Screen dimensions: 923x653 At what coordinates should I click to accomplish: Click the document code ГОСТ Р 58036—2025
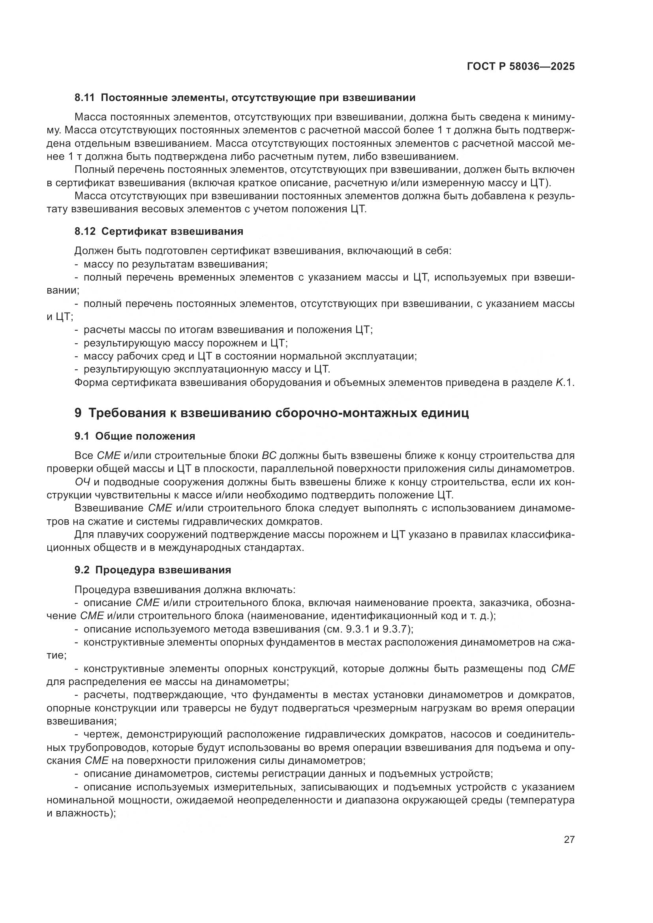point(521,66)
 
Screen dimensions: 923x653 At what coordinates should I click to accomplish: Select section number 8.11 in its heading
point(84,98)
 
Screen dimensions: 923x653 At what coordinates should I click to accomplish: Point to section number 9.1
point(82,436)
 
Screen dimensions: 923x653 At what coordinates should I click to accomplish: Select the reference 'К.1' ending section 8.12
point(565,383)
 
